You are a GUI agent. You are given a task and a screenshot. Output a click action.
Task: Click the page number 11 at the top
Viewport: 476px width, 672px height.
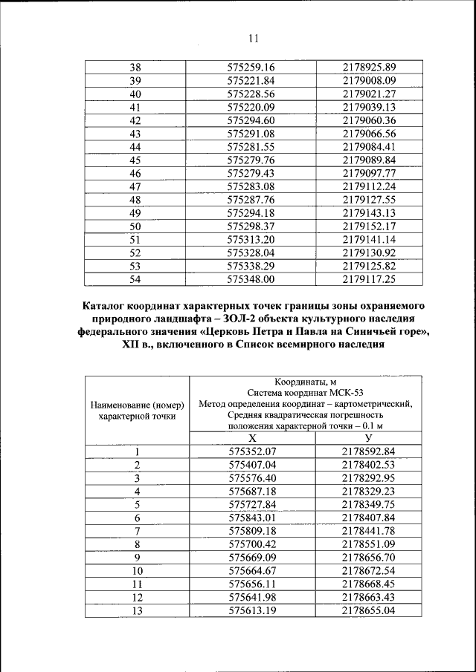click(x=253, y=39)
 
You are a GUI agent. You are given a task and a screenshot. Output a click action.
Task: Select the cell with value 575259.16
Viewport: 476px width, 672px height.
click(x=251, y=68)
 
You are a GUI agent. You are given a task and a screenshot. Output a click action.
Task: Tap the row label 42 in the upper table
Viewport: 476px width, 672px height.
click(x=135, y=120)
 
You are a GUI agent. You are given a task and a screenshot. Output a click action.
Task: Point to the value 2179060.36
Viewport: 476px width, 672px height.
click(x=369, y=120)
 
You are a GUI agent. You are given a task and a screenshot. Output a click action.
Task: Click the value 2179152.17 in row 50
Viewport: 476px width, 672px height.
click(x=369, y=226)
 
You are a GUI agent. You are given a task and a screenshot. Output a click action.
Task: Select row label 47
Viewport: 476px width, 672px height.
click(x=135, y=186)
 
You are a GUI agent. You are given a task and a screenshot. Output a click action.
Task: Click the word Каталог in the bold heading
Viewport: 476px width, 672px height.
click(x=108, y=306)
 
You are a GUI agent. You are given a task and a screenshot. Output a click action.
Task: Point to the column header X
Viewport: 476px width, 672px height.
click(x=252, y=439)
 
